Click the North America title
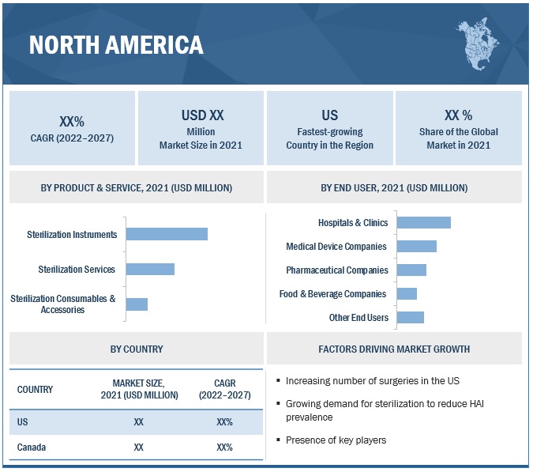coord(116,44)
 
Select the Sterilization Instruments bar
coord(167,234)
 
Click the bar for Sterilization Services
coord(150,269)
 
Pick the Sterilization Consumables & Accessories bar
coord(137,304)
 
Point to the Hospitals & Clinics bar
coord(423,223)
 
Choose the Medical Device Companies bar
coord(416,247)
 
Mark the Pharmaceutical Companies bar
coord(411,270)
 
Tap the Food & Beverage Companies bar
coord(407,293)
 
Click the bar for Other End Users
coord(410,317)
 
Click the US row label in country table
coord(22,422)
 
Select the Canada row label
coord(32,447)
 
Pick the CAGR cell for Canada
coord(224,447)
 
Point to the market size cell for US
coord(139,422)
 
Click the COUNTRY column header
coord(35,389)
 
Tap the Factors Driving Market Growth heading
coord(394,349)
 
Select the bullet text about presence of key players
coord(336,440)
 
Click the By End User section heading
coord(394,188)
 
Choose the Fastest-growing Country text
coord(329,138)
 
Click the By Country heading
coord(137,349)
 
